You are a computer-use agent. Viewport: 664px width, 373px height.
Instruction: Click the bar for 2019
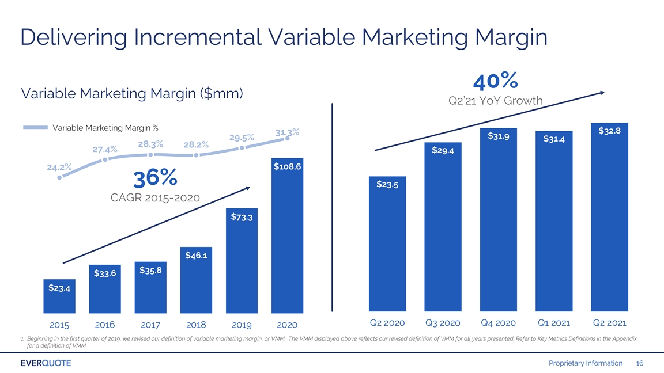(242, 261)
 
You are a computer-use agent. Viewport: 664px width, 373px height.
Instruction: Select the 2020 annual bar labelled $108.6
(287, 235)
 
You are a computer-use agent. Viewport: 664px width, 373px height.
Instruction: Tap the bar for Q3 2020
(443, 227)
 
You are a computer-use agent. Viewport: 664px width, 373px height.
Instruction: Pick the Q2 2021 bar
(609, 217)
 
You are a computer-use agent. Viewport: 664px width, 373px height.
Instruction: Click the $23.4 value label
(59, 288)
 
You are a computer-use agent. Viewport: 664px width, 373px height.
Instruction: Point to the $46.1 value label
(196, 256)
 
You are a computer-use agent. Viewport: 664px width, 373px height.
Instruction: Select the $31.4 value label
(554, 139)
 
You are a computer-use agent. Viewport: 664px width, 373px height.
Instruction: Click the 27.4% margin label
(104, 149)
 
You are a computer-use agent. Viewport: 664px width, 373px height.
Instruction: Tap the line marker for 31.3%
(287, 138)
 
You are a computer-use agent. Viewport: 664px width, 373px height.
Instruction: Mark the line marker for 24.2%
(59, 178)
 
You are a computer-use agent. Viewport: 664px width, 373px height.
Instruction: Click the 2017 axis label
(150, 325)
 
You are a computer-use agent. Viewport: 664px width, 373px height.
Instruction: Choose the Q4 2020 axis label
(498, 323)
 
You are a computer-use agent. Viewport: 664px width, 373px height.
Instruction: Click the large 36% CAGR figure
(155, 178)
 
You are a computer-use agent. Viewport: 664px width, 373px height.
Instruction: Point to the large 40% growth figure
(496, 81)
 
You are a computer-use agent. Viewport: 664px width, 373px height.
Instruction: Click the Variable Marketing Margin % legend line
(35, 127)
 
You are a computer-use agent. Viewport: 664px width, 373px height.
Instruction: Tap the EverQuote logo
(46, 363)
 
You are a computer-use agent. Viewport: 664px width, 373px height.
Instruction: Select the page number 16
(639, 363)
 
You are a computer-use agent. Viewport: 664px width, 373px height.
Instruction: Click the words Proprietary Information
(586, 363)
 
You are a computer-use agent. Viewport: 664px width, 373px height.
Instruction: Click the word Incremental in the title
(198, 37)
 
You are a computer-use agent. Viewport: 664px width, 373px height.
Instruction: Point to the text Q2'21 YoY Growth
(496, 101)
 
